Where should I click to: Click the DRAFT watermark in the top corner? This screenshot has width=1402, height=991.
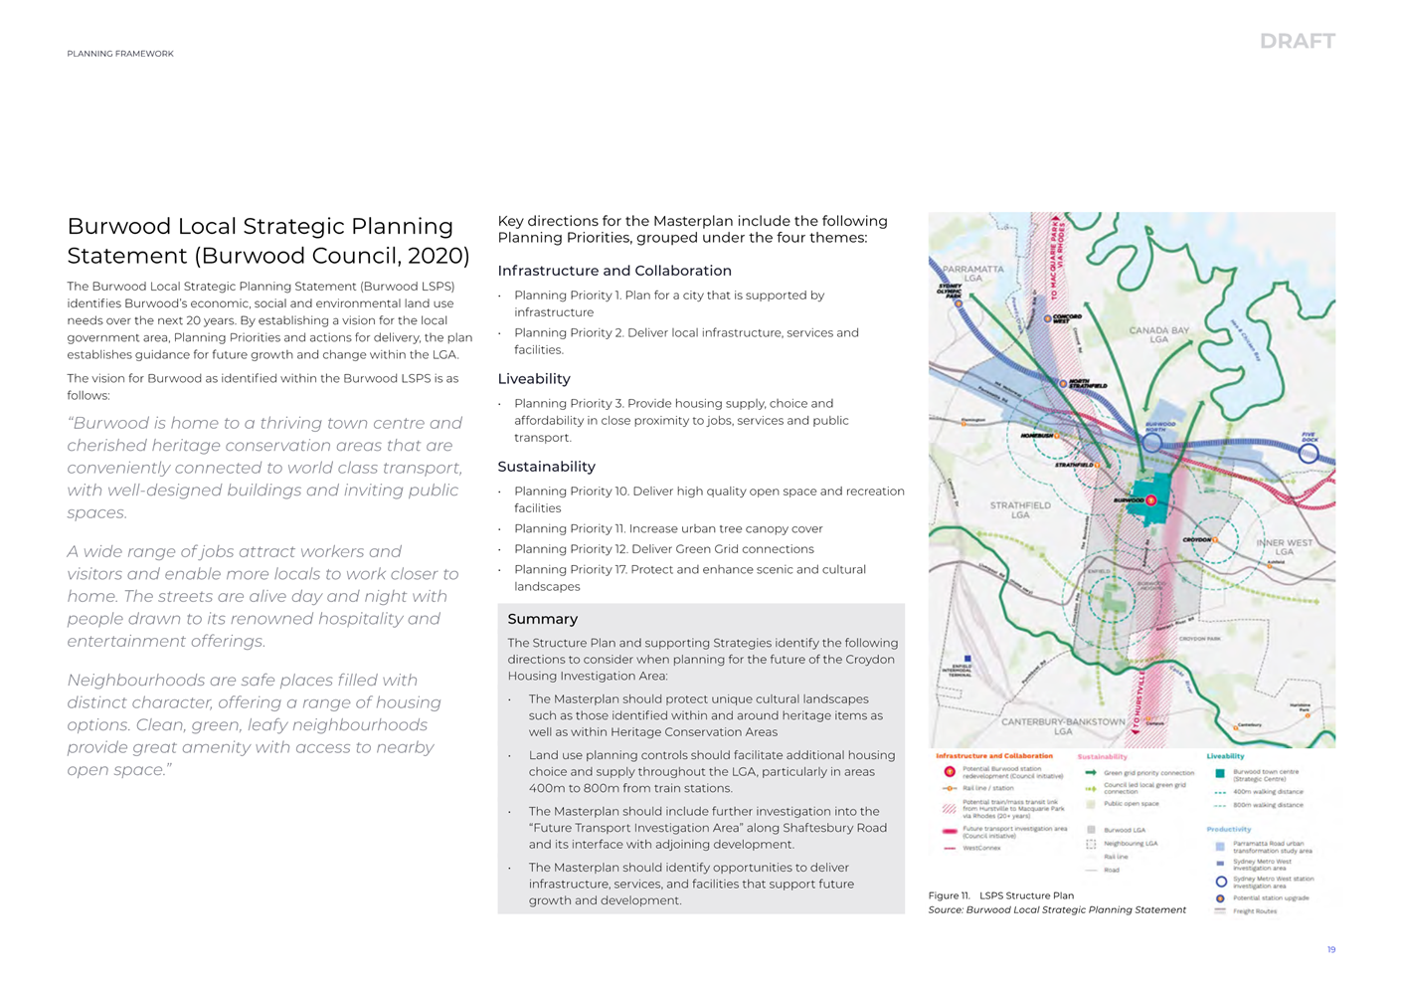point(1297,41)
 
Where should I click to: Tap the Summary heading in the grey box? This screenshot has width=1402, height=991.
point(542,619)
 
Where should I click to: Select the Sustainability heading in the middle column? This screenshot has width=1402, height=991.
point(546,467)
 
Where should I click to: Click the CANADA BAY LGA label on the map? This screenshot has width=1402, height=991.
point(1158,334)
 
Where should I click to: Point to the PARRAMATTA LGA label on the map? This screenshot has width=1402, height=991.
point(972,274)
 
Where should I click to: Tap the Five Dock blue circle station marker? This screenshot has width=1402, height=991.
point(1309,453)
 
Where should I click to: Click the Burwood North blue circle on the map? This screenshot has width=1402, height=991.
point(1151,442)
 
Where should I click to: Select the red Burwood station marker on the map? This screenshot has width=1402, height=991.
point(1151,500)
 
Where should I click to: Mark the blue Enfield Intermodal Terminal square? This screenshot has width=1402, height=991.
point(967,659)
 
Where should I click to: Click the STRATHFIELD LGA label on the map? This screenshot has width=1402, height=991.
point(1020,509)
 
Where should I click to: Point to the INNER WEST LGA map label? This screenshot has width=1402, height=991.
point(1285,547)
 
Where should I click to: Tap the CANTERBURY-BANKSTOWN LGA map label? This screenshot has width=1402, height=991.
point(1063,725)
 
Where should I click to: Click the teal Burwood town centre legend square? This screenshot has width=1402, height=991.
point(1220,773)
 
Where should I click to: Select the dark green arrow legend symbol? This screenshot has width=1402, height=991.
point(1091,772)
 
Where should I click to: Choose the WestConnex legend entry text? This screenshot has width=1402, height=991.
point(981,849)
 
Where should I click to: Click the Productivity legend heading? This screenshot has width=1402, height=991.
point(1228,829)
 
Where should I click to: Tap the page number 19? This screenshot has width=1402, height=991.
point(1330,950)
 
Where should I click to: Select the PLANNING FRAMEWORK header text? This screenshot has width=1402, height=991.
point(120,54)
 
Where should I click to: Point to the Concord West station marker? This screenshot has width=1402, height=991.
point(1048,319)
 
